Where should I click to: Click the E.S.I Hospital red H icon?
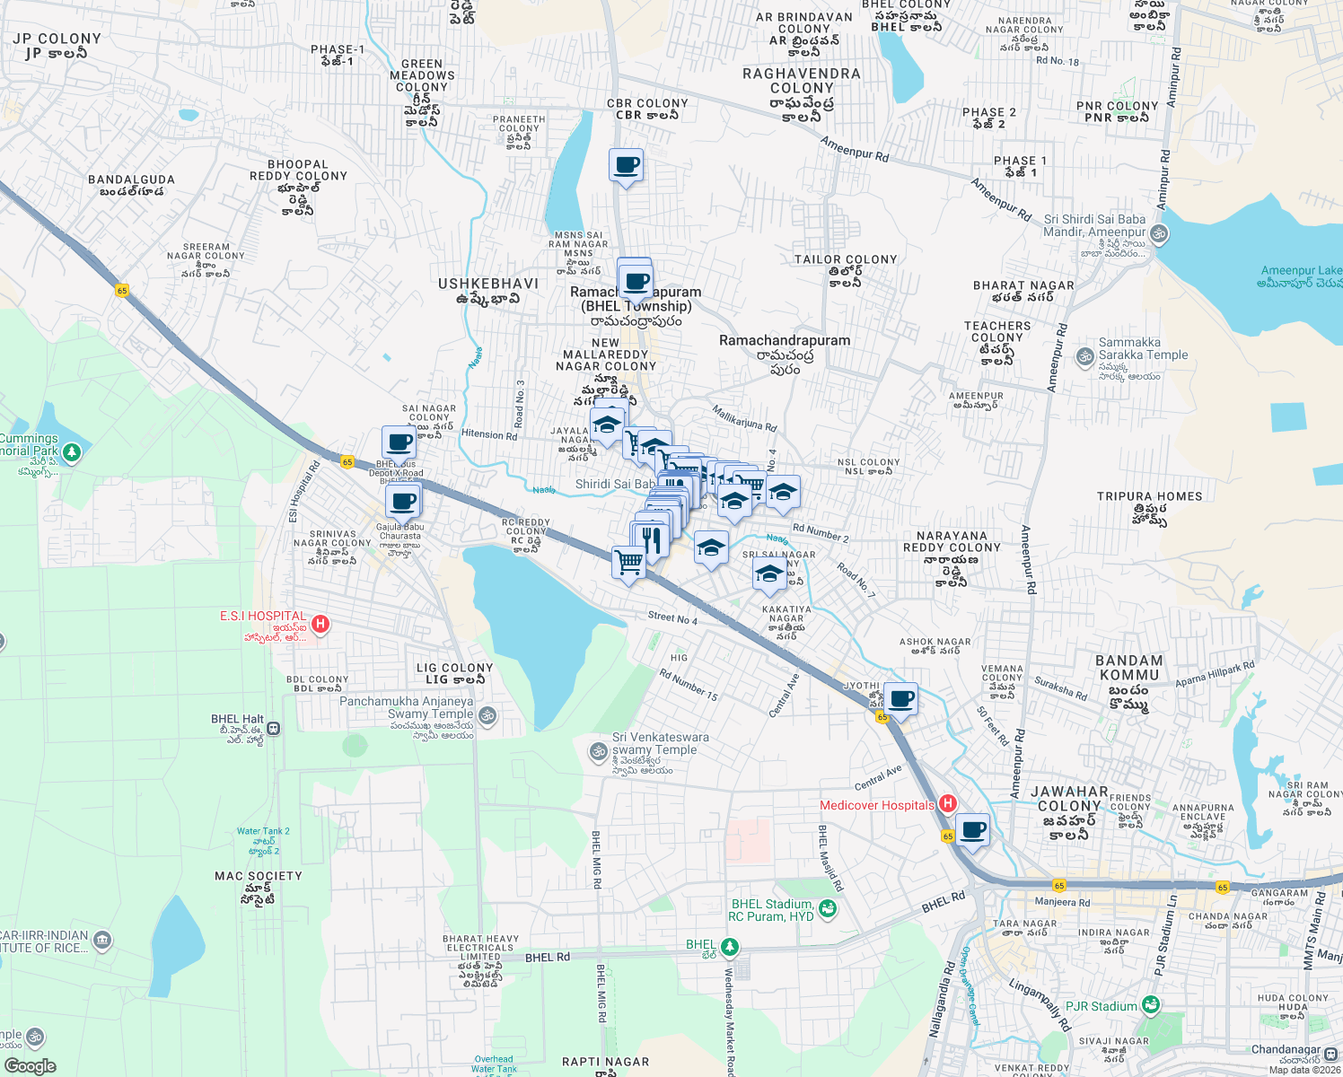[x=320, y=624]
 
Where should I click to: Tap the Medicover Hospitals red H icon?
[x=946, y=804]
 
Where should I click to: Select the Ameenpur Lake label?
[x=1301, y=271]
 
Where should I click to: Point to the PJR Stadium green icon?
[x=1150, y=1005]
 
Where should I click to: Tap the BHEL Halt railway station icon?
[x=274, y=729]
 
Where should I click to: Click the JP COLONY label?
[x=57, y=39]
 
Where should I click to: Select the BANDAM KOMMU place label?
[x=1128, y=668]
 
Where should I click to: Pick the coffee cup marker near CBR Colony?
[x=626, y=166]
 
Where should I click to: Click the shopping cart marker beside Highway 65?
[x=628, y=563]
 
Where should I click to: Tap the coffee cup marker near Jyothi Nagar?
[x=900, y=698]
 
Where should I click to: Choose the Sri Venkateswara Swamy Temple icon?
[x=598, y=750]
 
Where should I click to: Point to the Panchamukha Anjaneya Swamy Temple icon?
[x=487, y=715]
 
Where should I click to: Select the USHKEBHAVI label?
[x=487, y=284]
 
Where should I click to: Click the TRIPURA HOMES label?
[x=1149, y=496]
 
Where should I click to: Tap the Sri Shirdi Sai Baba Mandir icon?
[x=1159, y=234]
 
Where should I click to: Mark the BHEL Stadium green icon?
[x=827, y=909]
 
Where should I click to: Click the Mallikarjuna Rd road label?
[x=744, y=418]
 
